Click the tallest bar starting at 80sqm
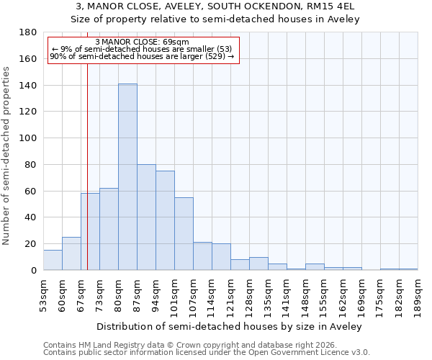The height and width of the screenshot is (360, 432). point(127,177)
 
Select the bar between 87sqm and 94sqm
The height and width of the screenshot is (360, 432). point(146,217)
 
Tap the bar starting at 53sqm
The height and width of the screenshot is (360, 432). point(53,260)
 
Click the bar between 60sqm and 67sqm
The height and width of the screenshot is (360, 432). point(71,253)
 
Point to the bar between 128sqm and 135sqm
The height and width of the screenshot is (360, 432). point(258,264)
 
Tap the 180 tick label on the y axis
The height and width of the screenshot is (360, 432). point(28,32)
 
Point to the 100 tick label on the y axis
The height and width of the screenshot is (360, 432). point(28,138)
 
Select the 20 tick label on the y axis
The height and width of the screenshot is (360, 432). point(31,244)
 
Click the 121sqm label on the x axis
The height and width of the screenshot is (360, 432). point(230,295)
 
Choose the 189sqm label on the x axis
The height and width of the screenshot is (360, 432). point(418,295)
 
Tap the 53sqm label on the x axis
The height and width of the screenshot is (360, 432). point(43,295)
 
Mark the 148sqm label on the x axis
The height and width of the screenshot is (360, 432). point(305,295)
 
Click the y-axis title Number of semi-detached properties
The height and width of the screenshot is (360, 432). point(7,156)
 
